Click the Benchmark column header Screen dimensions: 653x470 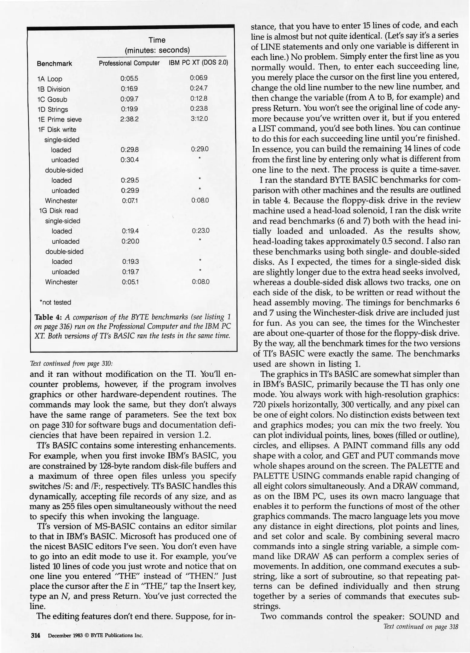point(54,63)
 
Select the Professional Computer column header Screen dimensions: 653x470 point(129,63)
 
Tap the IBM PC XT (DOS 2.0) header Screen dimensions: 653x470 point(198,63)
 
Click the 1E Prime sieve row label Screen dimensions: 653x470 point(60,119)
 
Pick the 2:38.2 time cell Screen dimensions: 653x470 point(129,119)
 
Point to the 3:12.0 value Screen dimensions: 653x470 point(199,119)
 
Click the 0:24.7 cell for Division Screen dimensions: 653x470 point(199,88)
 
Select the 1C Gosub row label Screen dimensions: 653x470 point(52,99)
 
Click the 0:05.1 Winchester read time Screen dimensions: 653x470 point(130,282)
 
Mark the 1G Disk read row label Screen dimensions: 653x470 point(58,211)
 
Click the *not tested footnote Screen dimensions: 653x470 point(55,302)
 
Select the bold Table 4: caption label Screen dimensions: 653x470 point(49,317)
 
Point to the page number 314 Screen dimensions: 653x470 point(36,635)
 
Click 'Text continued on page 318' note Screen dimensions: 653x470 point(421,627)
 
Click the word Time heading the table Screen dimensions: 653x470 point(157,40)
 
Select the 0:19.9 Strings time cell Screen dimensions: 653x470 point(129,109)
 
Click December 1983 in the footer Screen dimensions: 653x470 point(62,635)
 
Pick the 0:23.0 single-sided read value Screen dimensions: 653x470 point(200,231)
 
